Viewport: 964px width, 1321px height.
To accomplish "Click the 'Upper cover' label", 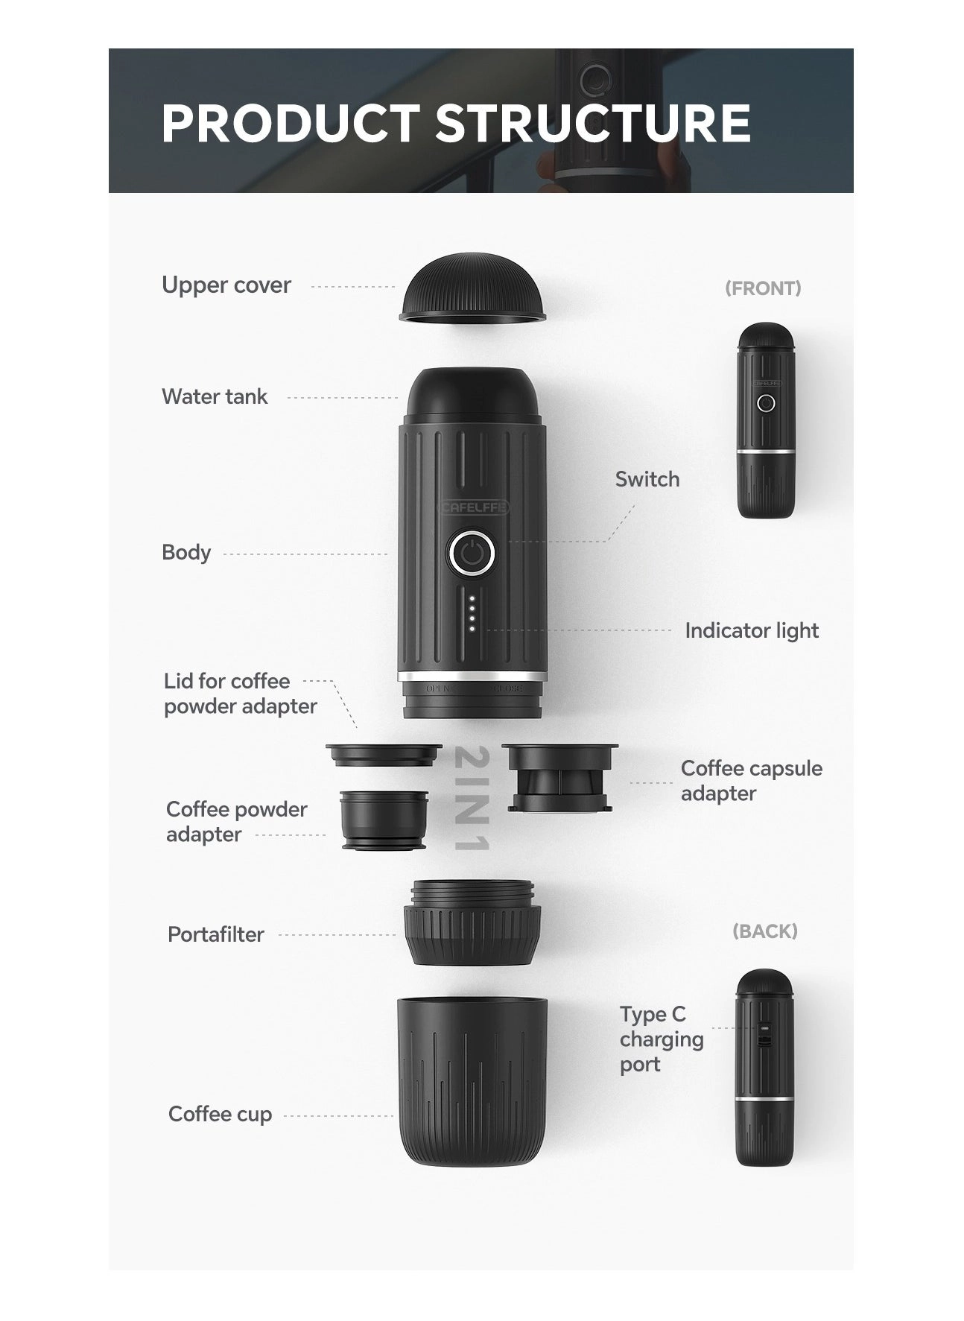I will click(226, 285).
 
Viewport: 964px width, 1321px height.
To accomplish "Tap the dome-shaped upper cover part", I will click(473, 291).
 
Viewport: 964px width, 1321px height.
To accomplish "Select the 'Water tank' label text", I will click(215, 396).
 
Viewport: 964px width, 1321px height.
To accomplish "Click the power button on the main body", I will click(472, 554).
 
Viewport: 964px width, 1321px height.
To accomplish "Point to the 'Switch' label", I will click(647, 479).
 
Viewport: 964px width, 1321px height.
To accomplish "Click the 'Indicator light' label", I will click(751, 630).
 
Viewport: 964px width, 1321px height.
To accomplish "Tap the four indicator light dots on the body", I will click(472, 613).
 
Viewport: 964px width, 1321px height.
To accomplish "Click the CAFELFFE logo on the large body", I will click(472, 507).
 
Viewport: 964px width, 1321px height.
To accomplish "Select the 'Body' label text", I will click(186, 552).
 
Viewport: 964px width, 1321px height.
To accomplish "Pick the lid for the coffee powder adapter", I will click(384, 755).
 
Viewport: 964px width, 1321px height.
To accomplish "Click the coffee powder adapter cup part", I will click(384, 819).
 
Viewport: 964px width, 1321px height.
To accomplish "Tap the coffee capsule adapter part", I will click(559, 777).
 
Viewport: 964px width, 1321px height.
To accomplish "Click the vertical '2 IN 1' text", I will click(472, 798).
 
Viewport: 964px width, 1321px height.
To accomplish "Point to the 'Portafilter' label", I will click(215, 934).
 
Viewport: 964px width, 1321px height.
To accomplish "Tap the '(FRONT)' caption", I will click(763, 288).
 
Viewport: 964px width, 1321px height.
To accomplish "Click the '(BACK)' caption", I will click(764, 931).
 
